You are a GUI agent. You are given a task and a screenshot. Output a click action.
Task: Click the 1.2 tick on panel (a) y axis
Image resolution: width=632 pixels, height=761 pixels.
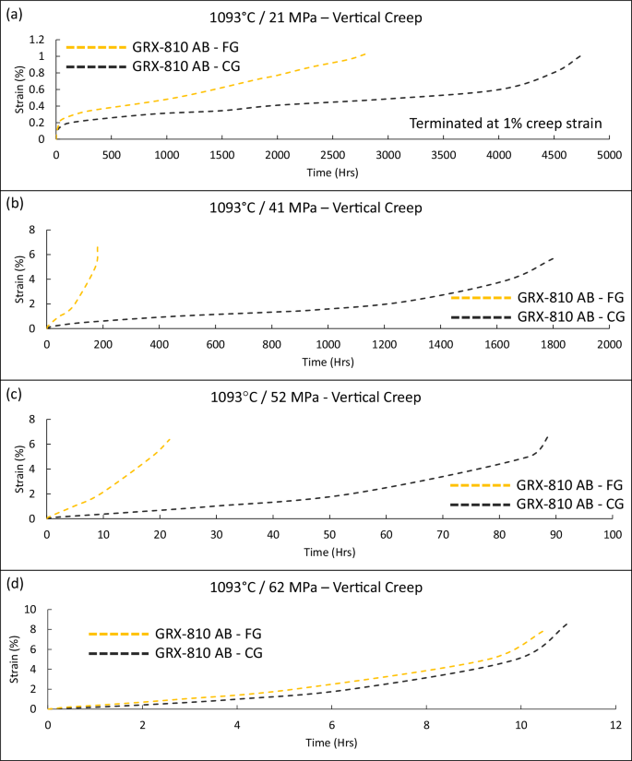click(38, 40)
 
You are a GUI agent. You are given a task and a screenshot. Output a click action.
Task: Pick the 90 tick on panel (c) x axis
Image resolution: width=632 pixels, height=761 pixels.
click(555, 534)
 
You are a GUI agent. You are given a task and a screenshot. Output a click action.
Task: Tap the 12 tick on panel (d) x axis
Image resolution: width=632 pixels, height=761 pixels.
click(615, 725)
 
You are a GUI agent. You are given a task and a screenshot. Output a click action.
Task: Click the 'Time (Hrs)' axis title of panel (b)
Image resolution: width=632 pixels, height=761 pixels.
click(328, 362)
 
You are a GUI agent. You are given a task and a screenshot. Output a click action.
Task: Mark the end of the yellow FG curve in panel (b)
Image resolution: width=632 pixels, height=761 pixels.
click(98, 246)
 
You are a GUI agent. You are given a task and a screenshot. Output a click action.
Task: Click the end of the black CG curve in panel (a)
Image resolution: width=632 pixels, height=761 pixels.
click(581, 55)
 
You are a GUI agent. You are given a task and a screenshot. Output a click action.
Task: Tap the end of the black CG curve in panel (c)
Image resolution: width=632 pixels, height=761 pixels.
click(548, 436)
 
